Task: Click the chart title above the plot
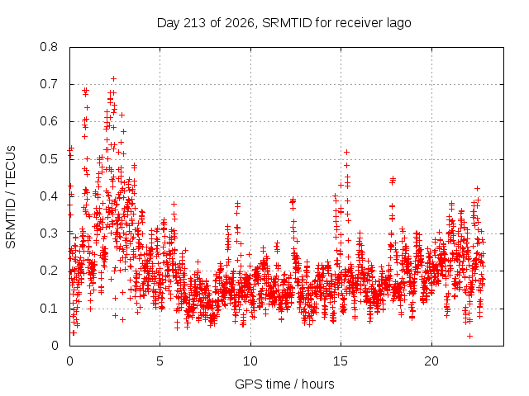pyautogui.click(x=284, y=23)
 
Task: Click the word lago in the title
pyautogui.click(x=398, y=24)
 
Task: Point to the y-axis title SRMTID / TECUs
pyautogui.click(x=11, y=197)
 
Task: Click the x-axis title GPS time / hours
pyautogui.click(x=284, y=384)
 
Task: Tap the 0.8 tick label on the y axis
pyautogui.click(x=49, y=47)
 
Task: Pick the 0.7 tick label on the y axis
pyautogui.click(x=49, y=84)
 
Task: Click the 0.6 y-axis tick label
pyautogui.click(x=49, y=121)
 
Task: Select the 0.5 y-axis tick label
pyautogui.click(x=49, y=159)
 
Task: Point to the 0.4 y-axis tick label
pyautogui.click(x=49, y=196)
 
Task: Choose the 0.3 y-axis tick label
pyautogui.click(x=49, y=233)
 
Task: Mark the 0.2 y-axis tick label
pyautogui.click(x=49, y=271)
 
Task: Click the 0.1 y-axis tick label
pyautogui.click(x=49, y=308)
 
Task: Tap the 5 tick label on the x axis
pyautogui.click(x=160, y=361)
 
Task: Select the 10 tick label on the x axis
pyautogui.click(x=250, y=361)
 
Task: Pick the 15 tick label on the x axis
pyautogui.click(x=341, y=361)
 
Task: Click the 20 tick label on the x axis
pyautogui.click(x=431, y=361)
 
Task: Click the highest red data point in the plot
pyautogui.click(x=114, y=79)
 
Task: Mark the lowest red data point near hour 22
pyautogui.click(x=469, y=336)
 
